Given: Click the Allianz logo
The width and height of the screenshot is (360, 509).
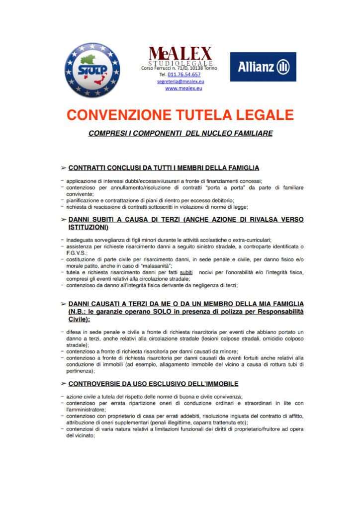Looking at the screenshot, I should tap(263, 67).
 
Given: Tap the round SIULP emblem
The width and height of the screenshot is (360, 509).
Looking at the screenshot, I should tap(92, 70).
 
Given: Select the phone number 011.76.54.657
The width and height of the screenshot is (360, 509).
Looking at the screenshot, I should tap(184, 74).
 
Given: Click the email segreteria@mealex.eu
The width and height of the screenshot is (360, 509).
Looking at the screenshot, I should tap(180, 81).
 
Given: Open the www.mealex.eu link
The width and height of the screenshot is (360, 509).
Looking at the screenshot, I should tap(183, 88).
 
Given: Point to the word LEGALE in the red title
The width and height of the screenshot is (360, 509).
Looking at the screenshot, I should tap(262, 115).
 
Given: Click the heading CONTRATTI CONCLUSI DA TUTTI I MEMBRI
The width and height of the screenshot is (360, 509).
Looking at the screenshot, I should tap(164, 168).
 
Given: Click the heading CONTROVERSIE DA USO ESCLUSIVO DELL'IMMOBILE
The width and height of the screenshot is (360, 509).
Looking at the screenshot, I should tap(153, 384).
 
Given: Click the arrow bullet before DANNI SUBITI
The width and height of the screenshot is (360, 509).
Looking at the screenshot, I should tap(63, 219).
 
